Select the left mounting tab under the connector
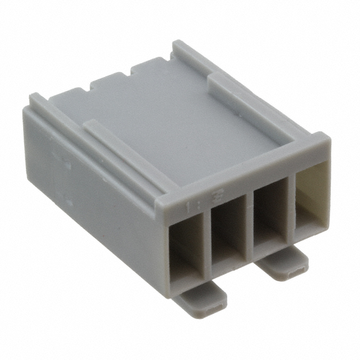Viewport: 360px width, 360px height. point(201,298)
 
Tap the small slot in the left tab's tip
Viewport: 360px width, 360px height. point(213,309)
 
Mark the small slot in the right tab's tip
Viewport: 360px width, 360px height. point(296,273)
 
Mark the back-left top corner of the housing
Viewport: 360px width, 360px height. point(37,99)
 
